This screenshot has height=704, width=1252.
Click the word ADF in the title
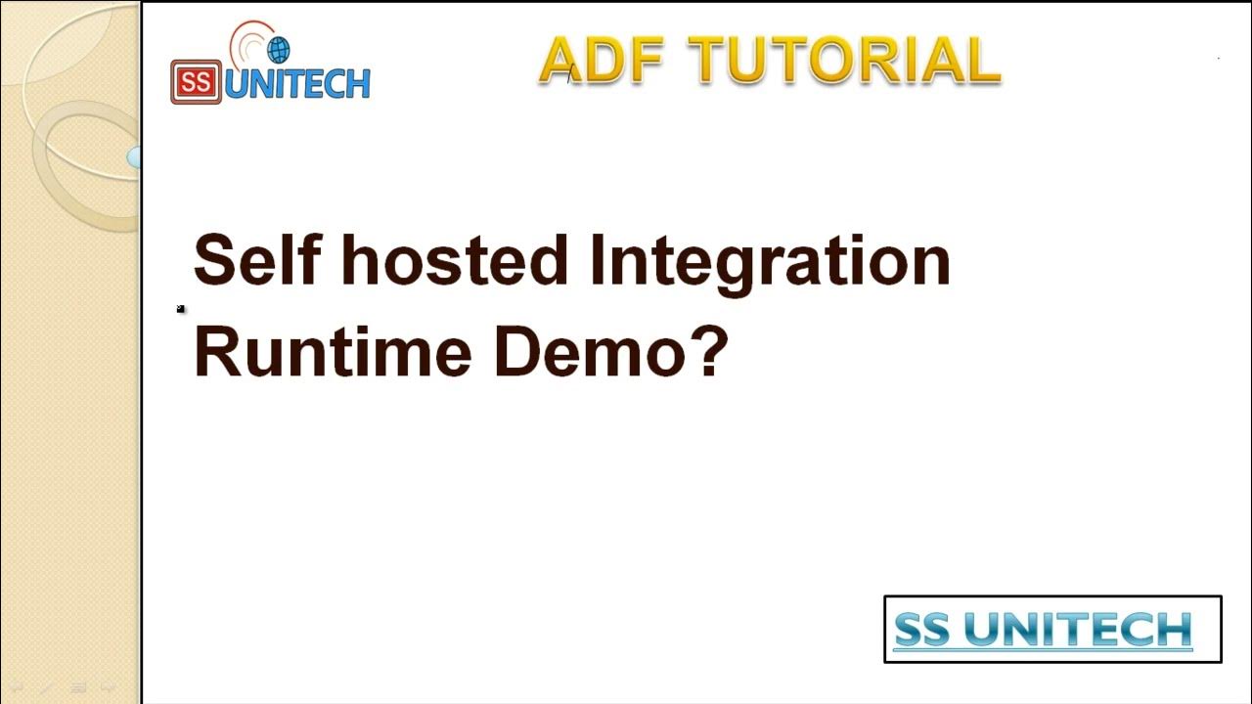tap(601, 61)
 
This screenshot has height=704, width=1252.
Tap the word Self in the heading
tap(254, 261)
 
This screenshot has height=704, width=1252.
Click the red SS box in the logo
tap(195, 82)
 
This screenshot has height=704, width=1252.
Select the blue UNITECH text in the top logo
tap(297, 84)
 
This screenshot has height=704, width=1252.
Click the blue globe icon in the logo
tap(278, 50)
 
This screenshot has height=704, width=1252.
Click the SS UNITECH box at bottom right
tap(1052, 630)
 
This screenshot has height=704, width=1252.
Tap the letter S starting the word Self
tap(213, 261)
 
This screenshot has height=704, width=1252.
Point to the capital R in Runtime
tap(218, 351)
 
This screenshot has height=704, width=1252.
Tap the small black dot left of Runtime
tap(181, 309)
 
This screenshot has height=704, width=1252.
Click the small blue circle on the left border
tap(134, 156)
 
